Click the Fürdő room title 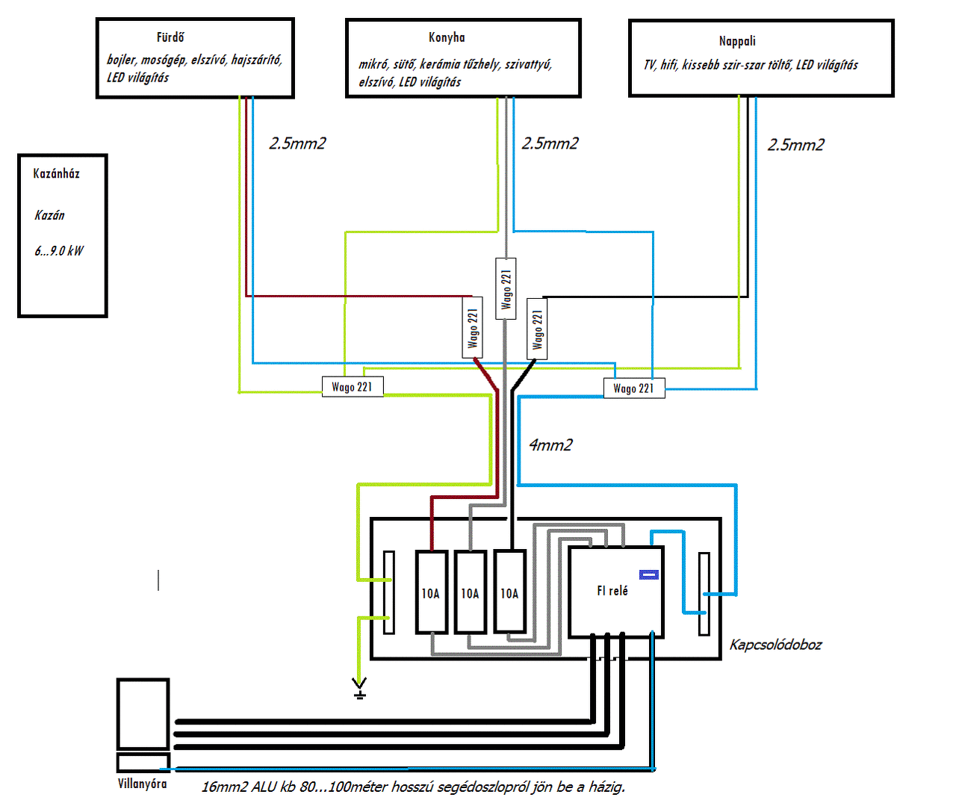[x=170, y=37]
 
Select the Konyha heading [x=447, y=37]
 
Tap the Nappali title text [x=736, y=41]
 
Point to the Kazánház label [x=56, y=173]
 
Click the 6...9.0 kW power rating [x=59, y=250]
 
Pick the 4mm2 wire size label [x=550, y=444]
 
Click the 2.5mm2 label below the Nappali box [x=795, y=145]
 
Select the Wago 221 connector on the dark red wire [x=472, y=328]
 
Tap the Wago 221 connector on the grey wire [x=506, y=288]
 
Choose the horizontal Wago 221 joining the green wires [x=353, y=387]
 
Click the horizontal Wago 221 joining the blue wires [x=634, y=388]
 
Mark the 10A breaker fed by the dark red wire [x=431, y=592]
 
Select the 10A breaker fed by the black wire [x=509, y=592]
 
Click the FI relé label [x=612, y=591]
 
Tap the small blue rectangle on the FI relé [x=649, y=574]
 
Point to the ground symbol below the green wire [x=359, y=689]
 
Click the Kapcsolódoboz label [x=775, y=645]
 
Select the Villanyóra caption [x=142, y=784]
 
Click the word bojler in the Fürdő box [x=122, y=60]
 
